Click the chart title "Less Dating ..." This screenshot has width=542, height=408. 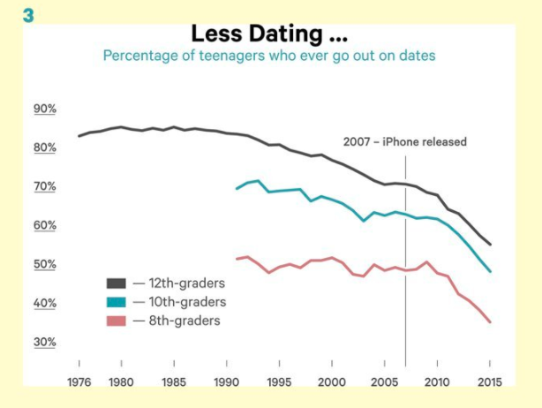pos(269,34)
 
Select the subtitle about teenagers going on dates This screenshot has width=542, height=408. pos(269,56)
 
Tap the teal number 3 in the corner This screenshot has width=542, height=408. pos(28,16)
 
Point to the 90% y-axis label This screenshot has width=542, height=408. pos(45,109)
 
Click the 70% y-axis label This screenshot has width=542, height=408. pos(45,186)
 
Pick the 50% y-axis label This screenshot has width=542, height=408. pos(45,264)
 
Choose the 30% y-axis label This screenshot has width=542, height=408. pos(45,342)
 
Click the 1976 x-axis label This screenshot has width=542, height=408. pos(79,382)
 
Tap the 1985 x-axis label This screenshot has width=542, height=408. pos(174,382)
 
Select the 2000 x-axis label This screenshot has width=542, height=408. pos(332,382)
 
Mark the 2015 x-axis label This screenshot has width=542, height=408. pos(489,382)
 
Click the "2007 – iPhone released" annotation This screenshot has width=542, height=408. pos(405,142)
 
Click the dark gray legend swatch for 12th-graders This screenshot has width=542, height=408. pos(117,283)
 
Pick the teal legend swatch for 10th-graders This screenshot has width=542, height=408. pos(117,302)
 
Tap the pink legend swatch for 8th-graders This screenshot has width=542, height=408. pos(117,321)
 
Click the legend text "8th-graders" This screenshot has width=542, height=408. pos(184,321)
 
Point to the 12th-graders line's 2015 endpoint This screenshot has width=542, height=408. pos(490,245)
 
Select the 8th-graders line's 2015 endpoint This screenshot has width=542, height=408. pos(490,322)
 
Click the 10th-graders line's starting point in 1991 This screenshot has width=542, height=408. pos(237,189)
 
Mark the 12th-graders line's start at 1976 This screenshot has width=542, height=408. pos(79,136)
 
